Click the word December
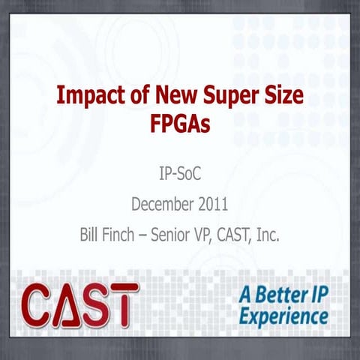click(x=160, y=204)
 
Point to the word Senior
click(x=176, y=234)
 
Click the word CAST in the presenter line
click(x=244, y=234)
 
